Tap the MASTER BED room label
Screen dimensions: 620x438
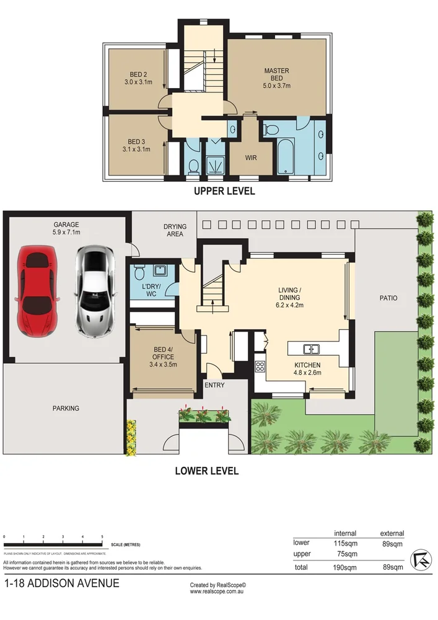276,78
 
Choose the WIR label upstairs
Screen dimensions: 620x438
251,157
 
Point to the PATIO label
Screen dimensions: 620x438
389,298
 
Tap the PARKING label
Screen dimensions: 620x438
66,408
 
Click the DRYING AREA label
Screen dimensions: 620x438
175,231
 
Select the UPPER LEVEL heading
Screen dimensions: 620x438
224,191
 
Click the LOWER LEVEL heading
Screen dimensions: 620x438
207,471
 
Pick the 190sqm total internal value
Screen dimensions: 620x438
344,567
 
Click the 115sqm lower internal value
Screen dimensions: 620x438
344,542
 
